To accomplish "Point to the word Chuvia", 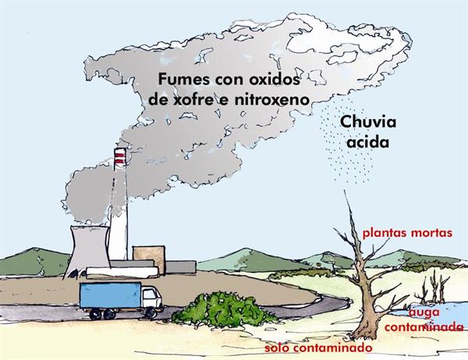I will [368, 123].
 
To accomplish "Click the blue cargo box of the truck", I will [110, 295].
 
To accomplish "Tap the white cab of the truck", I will [151, 297].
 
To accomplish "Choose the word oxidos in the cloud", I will [269, 79].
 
